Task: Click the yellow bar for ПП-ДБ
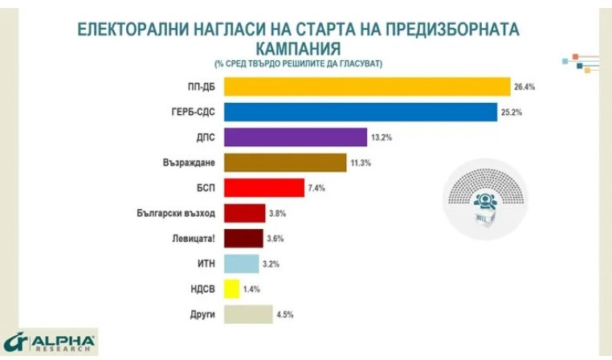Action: click(367, 86)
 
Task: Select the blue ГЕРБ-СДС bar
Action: click(361, 112)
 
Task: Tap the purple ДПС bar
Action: click(295, 137)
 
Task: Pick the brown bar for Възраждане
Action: click(285, 163)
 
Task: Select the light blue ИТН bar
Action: click(241, 264)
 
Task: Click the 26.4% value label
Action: click(524, 87)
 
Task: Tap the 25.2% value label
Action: click(512, 112)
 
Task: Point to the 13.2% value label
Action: click(381, 138)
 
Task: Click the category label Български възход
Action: click(177, 214)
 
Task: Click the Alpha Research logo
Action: click(49, 342)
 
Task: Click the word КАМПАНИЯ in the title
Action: click(299, 47)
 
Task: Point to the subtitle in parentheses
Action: click(298, 63)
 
